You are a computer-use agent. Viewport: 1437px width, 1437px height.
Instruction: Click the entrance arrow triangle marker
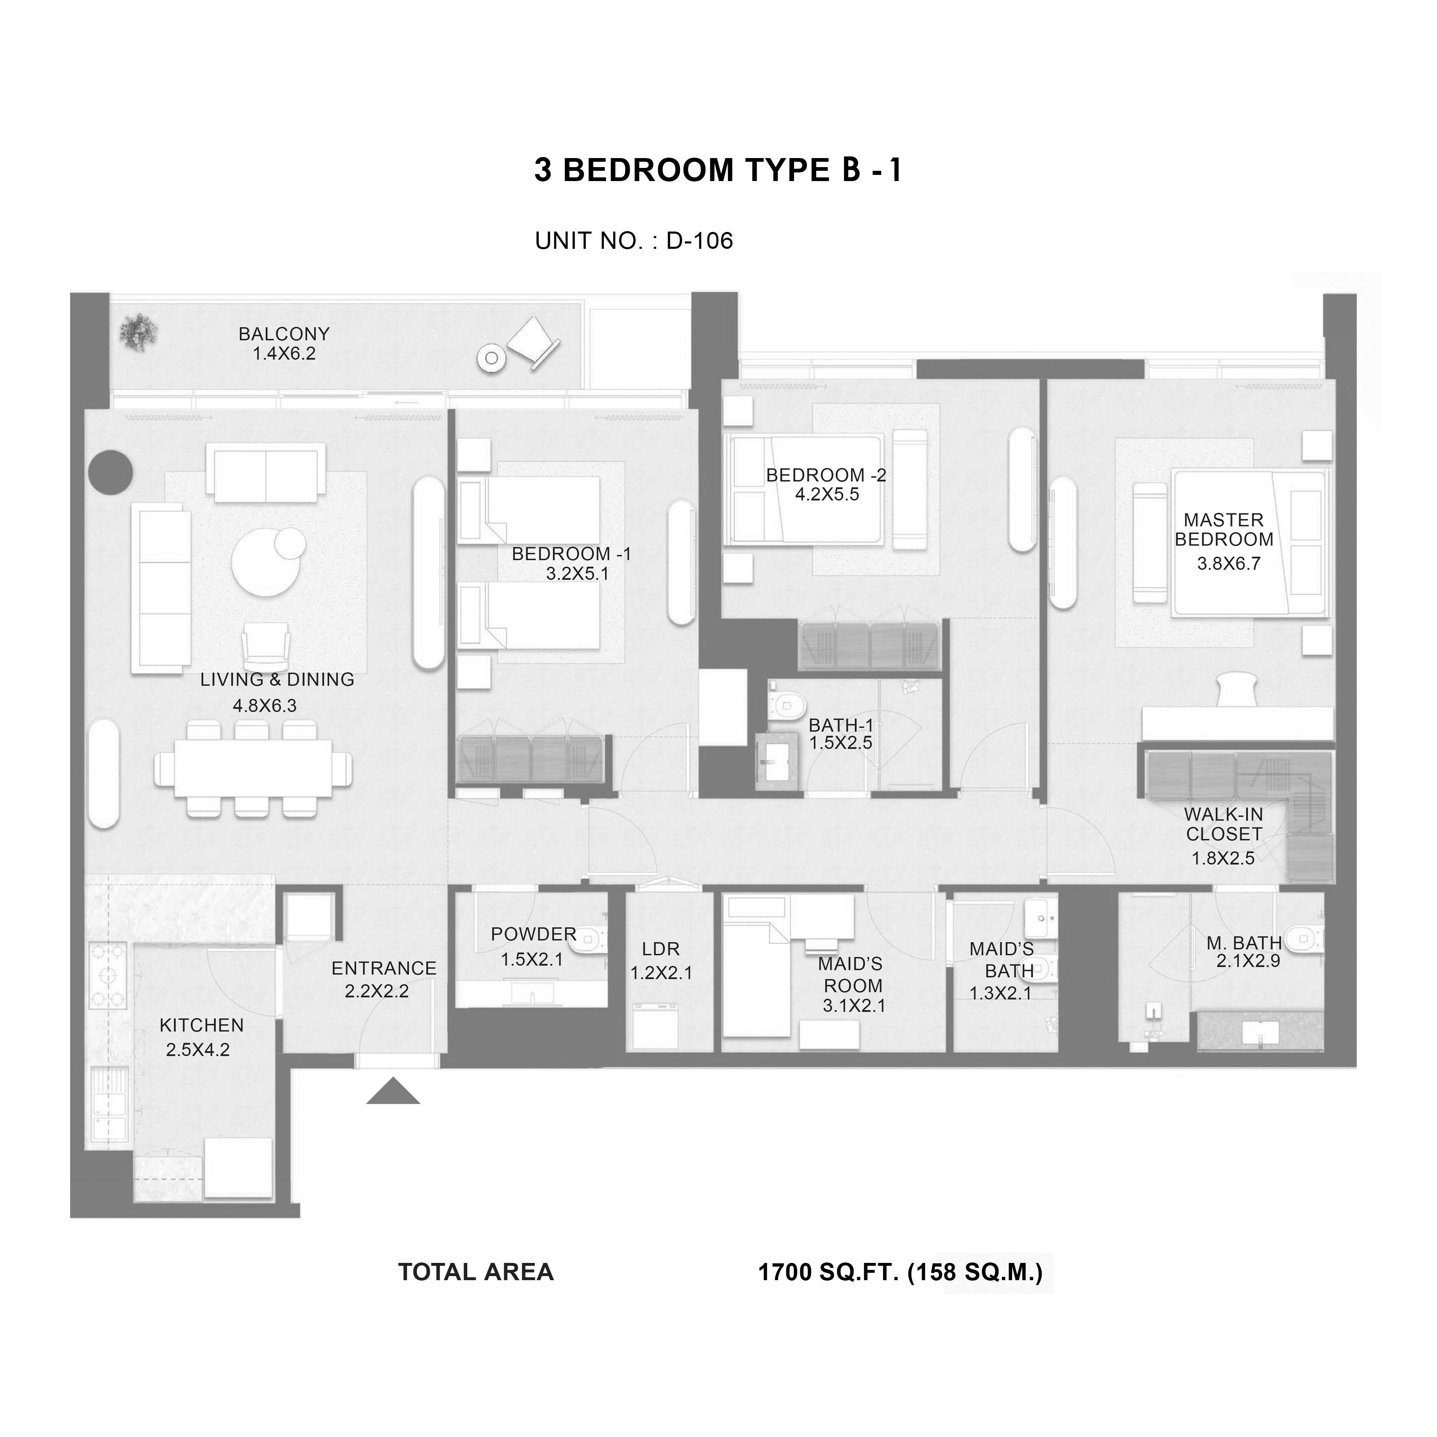(x=393, y=1091)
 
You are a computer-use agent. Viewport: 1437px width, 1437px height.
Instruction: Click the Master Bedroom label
(x=1224, y=530)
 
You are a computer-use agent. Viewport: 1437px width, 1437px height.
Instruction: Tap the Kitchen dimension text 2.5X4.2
(x=198, y=1049)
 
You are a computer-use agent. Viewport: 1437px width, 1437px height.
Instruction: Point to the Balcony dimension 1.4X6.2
(x=284, y=354)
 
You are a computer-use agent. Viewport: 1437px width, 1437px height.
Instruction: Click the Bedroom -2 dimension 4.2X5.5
(x=827, y=495)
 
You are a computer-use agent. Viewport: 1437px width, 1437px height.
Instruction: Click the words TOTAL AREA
(x=476, y=1272)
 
